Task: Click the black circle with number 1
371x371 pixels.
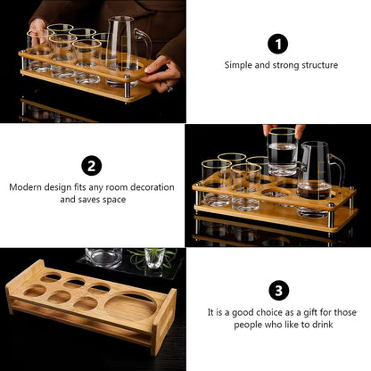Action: click(278, 44)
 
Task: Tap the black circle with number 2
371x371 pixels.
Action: click(92, 166)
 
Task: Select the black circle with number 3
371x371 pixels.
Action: click(279, 290)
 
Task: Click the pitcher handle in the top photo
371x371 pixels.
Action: click(144, 43)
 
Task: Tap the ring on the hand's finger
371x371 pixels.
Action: click(169, 87)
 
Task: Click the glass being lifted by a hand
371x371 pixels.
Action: click(282, 152)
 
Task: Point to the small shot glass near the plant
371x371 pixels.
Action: click(154, 258)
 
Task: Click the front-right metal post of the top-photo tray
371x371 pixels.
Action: click(127, 88)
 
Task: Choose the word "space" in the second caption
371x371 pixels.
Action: click(114, 200)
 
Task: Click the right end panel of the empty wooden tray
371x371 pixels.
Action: click(164, 322)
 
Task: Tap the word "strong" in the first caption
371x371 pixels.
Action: click(286, 66)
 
